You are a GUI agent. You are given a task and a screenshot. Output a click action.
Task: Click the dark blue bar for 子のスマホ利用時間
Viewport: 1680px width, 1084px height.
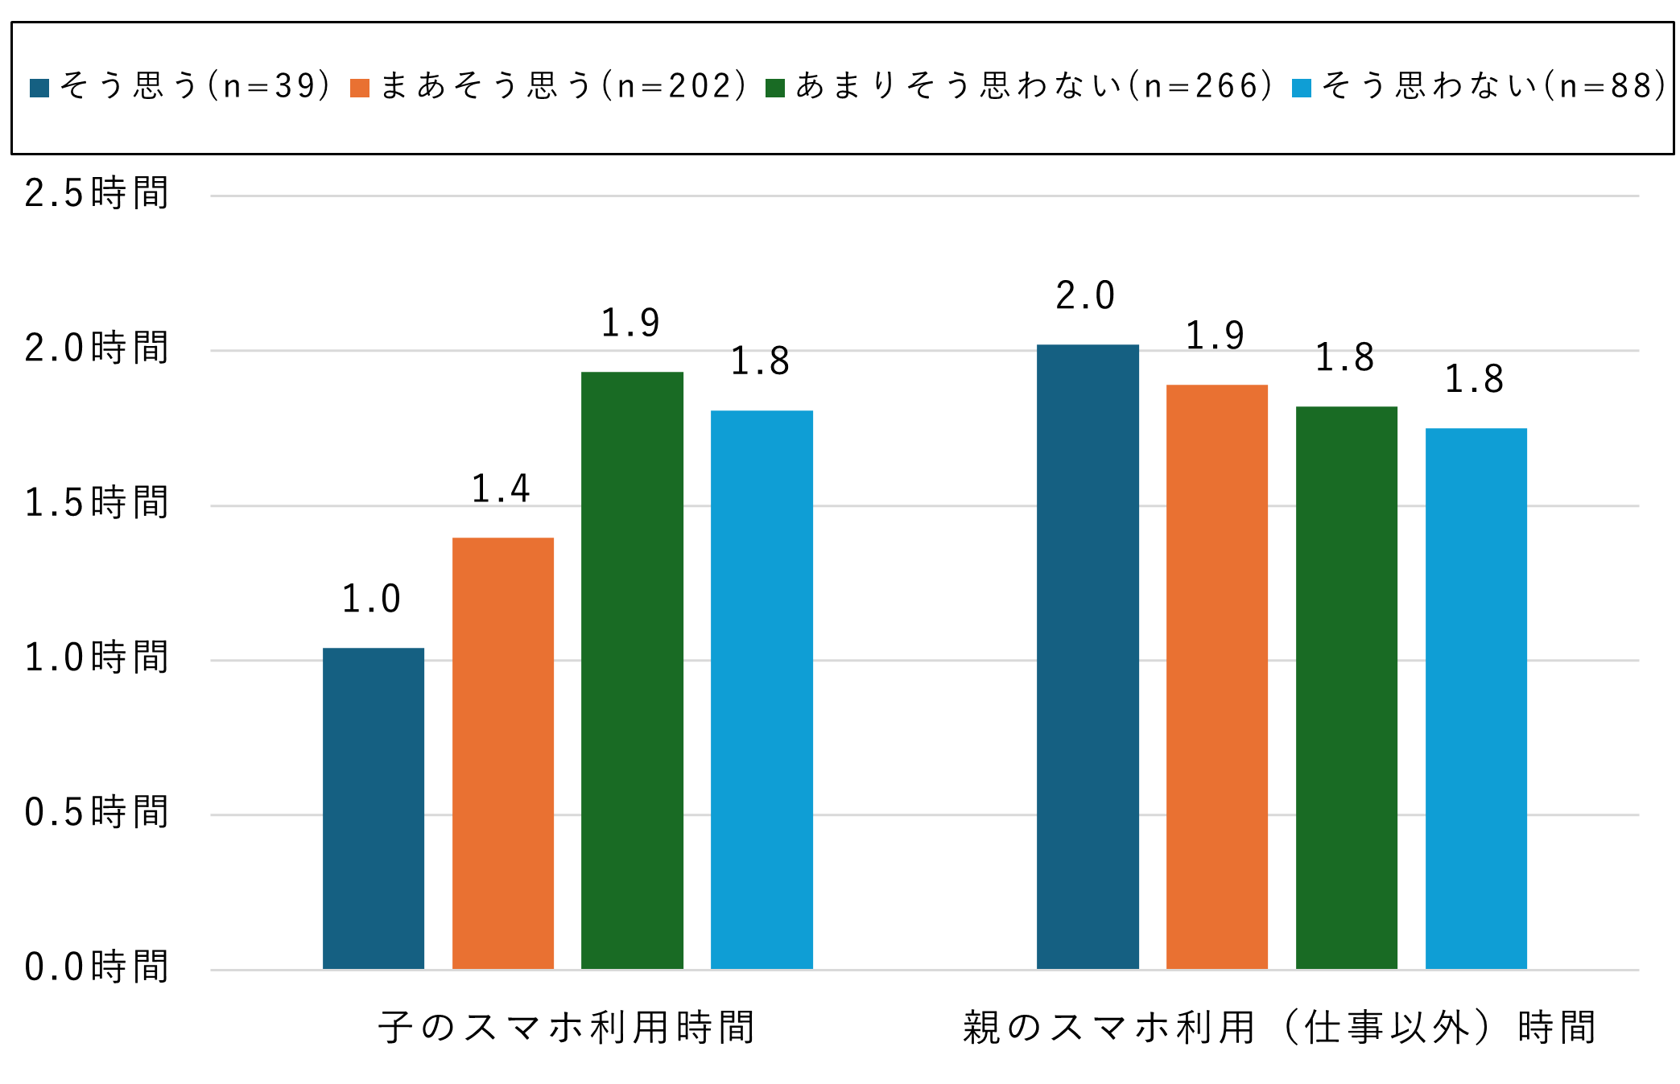tap(373, 808)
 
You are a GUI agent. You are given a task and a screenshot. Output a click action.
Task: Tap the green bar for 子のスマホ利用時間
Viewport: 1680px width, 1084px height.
tap(632, 670)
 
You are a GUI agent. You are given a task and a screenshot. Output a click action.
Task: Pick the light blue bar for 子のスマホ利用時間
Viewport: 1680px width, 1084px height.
tap(762, 689)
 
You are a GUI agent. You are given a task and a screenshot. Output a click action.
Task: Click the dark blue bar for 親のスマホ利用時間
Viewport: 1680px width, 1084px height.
tap(1088, 656)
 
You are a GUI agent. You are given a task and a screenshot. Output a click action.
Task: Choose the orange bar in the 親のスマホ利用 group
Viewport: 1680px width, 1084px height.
tap(1216, 676)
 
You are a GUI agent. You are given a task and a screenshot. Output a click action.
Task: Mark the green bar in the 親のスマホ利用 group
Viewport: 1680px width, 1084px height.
tap(1346, 687)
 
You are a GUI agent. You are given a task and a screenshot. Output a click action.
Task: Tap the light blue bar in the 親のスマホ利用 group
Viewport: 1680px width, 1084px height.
tap(1476, 698)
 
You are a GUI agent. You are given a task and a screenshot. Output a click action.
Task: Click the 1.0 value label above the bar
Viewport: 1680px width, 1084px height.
tap(371, 599)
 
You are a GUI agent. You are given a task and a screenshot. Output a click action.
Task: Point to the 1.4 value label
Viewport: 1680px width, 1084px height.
tap(501, 488)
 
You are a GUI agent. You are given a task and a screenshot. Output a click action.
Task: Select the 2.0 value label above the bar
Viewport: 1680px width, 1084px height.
tap(1085, 295)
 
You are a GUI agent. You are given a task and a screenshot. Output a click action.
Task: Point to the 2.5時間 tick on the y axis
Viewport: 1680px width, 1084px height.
tap(97, 193)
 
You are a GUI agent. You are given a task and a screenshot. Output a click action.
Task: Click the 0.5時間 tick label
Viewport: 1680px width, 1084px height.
tap(97, 812)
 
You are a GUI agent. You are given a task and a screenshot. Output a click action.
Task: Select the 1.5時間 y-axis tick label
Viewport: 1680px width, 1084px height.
tap(97, 503)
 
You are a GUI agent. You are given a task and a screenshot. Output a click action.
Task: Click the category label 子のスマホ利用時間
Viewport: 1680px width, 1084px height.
tap(567, 1028)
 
